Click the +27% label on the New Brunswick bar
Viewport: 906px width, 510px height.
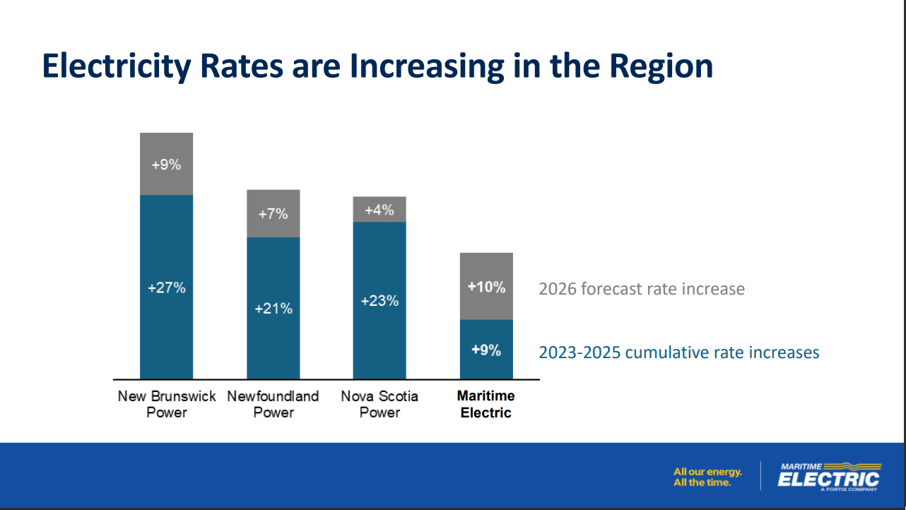click(x=167, y=288)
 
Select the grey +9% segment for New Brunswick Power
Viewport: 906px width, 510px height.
click(x=167, y=165)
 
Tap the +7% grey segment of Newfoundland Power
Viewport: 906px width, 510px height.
click(x=273, y=213)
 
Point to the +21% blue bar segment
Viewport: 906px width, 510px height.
click(x=273, y=309)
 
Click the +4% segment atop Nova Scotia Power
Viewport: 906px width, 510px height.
click(x=380, y=210)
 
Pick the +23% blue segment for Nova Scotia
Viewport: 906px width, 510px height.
click(x=380, y=301)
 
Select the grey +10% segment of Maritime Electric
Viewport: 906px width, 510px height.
click(x=486, y=287)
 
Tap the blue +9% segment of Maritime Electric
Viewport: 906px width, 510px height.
click(x=486, y=350)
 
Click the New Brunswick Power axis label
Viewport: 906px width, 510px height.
click(x=167, y=404)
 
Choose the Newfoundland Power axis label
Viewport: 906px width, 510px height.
click(x=273, y=404)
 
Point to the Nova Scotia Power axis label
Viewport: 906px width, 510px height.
click(x=380, y=404)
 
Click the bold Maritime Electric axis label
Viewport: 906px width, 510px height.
click(x=486, y=404)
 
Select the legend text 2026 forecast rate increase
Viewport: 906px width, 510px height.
click(x=642, y=289)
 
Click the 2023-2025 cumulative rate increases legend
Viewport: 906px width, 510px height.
click(x=679, y=352)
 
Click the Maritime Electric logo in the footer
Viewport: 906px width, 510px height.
click(x=828, y=475)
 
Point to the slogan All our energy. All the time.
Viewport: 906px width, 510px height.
click(x=707, y=477)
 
